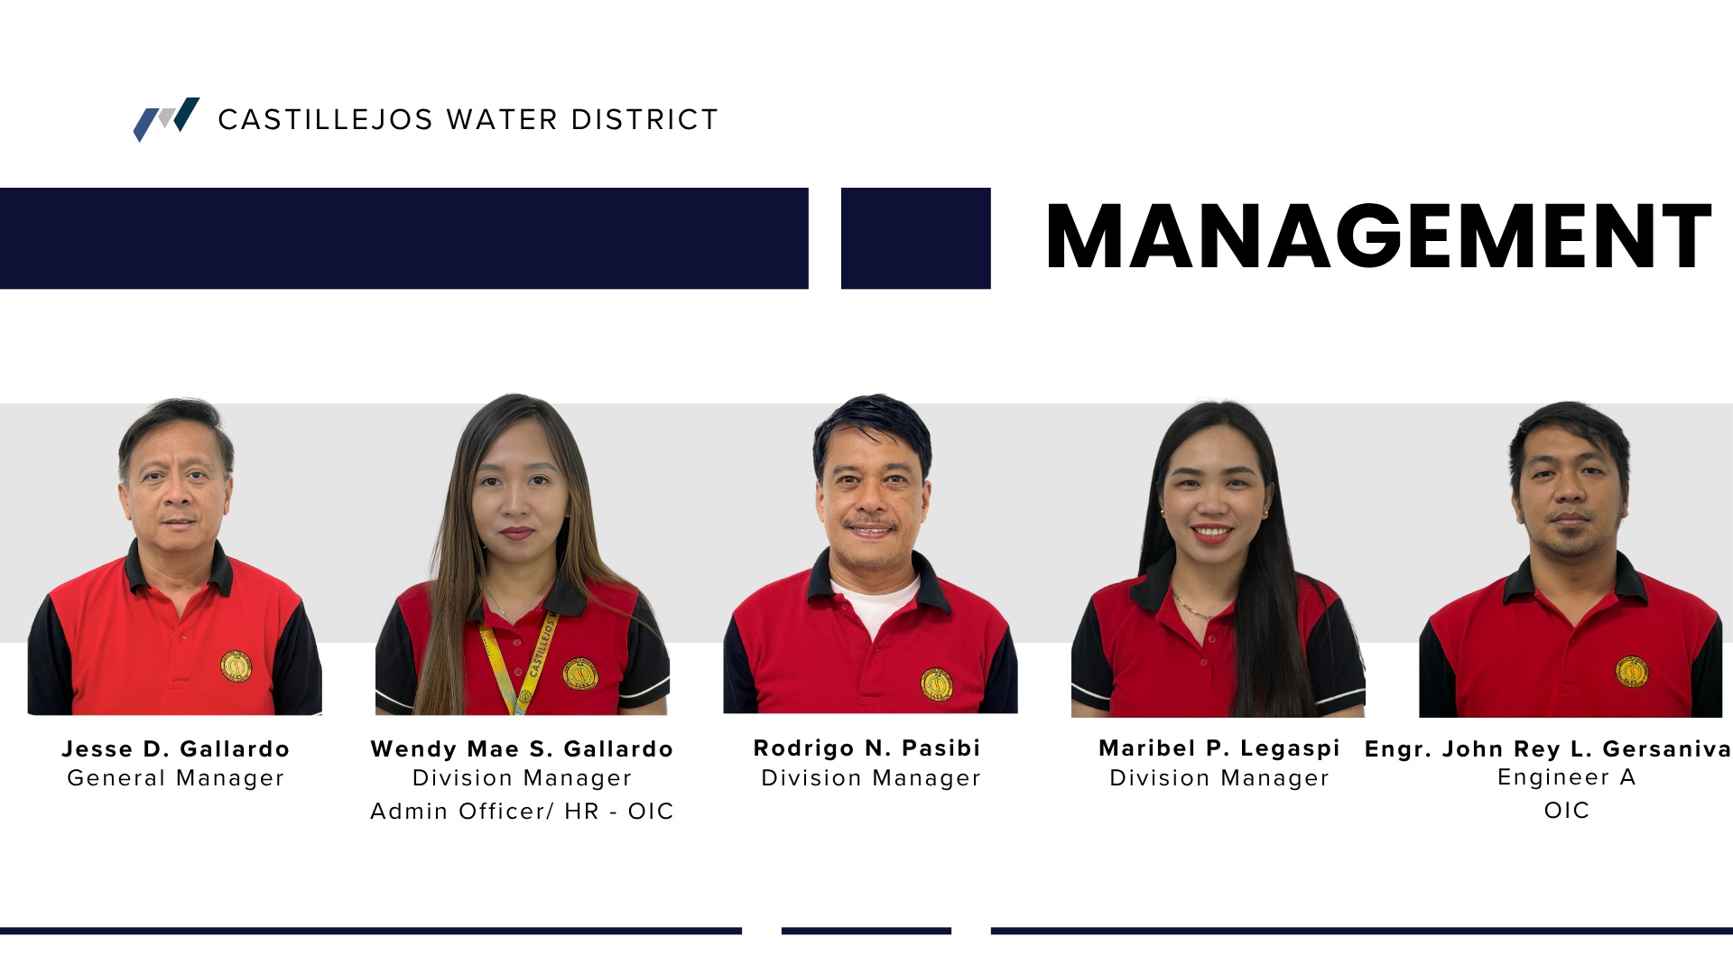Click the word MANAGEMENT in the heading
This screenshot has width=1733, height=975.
[x=1378, y=237]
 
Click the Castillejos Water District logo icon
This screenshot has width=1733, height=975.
[x=166, y=119]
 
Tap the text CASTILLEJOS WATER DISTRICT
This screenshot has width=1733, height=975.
[x=468, y=119]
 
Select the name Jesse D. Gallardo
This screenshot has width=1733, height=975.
[x=176, y=748]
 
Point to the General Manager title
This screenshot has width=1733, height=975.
[x=176, y=778]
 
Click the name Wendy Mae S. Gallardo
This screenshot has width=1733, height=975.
[x=522, y=748]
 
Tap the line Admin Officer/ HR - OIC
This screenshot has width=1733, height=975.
[x=522, y=811]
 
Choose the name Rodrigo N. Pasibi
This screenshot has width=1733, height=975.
[x=867, y=747]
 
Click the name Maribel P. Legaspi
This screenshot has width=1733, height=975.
[x=1219, y=747]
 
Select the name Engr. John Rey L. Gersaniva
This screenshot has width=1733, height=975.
[x=1549, y=748]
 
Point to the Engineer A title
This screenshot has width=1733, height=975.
[x=1567, y=777]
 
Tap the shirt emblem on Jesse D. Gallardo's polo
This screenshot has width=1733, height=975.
[x=236, y=667]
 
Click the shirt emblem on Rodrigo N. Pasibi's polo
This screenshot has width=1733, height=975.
[x=937, y=683]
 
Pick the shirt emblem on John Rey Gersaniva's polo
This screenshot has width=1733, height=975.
[x=1632, y=672]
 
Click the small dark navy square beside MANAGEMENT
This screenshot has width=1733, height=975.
[x=916, y=238]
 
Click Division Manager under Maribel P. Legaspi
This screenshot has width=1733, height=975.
[x=1219, y=778]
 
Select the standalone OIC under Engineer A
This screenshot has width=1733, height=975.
[x=1567, y=810]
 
